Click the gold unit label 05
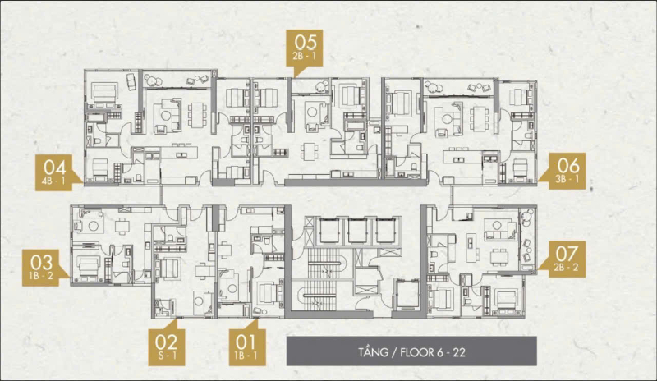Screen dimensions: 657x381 304,48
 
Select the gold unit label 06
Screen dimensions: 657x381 567,171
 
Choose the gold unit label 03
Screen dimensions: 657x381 41,268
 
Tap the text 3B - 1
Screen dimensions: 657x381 567,179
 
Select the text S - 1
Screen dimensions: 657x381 167,356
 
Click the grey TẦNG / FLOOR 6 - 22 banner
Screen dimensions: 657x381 411,351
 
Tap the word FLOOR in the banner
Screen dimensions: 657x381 417,352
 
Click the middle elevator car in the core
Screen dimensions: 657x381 357,231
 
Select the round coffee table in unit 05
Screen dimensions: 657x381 313,112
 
